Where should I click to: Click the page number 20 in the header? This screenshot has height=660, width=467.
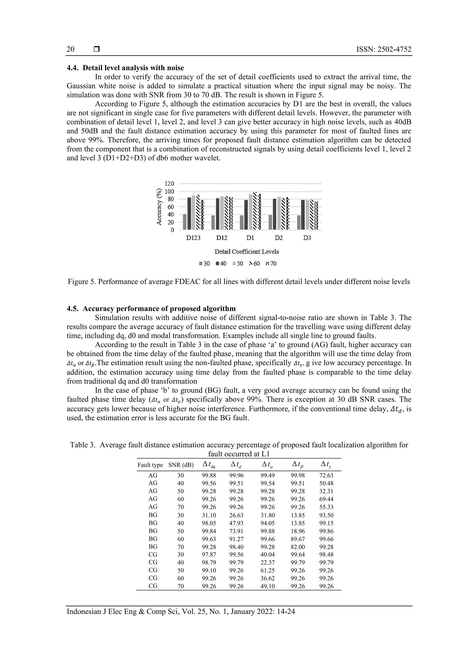(x=70, y=49)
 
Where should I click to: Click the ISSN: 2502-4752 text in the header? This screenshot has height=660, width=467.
(x=384, y=49)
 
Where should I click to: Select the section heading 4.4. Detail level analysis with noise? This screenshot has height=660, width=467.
(x=125, y=68)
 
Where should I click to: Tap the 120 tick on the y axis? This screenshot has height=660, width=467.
(x=169, y=184)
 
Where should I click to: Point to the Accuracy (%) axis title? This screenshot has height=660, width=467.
(x=158, y=207)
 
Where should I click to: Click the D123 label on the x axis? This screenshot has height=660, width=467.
(x=193, y=238)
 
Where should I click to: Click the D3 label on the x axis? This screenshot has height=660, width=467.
(x=307, y=238)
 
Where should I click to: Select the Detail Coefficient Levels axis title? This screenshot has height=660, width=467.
(x=246, y=252)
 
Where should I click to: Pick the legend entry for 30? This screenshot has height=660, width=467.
(x=205, y=264)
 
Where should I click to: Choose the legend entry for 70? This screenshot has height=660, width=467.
(x=271, y=264)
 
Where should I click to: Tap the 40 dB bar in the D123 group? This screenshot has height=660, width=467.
(x=189, y=213)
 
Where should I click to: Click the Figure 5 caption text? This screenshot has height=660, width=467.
(x=239, y=282)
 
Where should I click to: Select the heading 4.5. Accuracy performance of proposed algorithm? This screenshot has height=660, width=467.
(x=151, y=309)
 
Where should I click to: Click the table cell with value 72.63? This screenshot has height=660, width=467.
(x=326, y=476)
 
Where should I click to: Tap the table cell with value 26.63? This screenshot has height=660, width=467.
(x=236, y=515)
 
